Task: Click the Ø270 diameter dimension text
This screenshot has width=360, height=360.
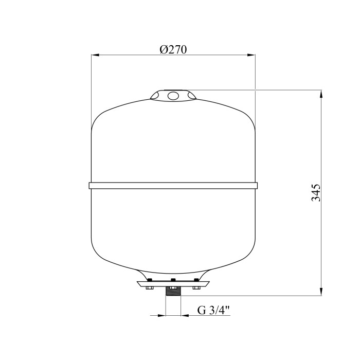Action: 173,49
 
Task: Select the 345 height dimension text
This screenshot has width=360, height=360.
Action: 316,193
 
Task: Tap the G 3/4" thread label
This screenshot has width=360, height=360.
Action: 213,311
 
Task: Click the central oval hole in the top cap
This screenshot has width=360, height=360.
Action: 173,96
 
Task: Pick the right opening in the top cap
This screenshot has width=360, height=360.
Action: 192,95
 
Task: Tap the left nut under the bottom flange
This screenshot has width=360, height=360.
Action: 150,288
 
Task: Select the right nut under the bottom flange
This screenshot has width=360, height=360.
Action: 196,288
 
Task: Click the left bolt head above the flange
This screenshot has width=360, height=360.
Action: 150,280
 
